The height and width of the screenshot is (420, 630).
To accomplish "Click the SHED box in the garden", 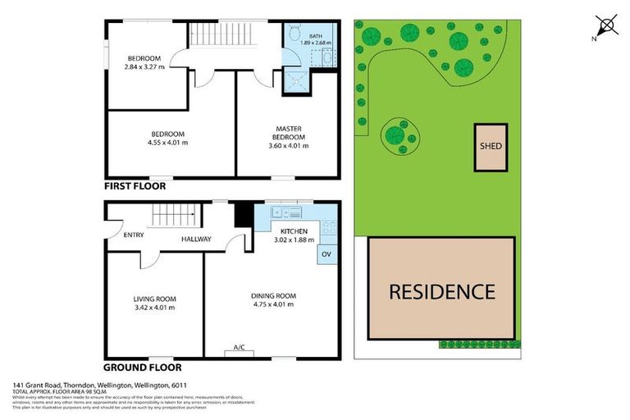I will click(x=491, y=147).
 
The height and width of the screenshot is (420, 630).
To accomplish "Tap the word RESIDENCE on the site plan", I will click(x=441, y=291).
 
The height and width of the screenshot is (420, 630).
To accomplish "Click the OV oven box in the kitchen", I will click(x=326, y=253).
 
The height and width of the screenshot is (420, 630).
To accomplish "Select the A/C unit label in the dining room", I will click(x=240, y=348).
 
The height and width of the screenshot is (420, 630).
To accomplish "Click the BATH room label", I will click(x=312, y=34).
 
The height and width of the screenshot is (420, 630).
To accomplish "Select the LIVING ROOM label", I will click(x=155, y=299).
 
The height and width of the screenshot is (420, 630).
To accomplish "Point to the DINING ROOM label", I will click(x=273, y=295).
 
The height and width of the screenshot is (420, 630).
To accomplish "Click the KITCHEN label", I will click(x=293, y=231).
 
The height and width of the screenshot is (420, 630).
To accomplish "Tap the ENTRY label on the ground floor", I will click(x=133, y=235).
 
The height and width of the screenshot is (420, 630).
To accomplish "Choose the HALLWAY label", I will click(x=196, y=240).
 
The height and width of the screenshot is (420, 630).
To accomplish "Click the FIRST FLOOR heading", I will click(x=135, y=187).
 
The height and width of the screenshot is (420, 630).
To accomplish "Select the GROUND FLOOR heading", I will click(x=143, y=367).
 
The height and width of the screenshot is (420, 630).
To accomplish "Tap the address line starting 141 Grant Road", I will click(x=99, y=385).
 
